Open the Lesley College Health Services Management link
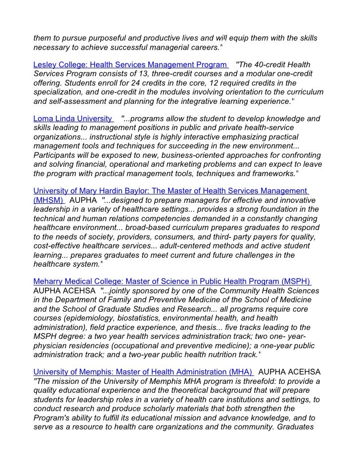[x=131, y=65]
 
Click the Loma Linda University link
[x=73, y=119]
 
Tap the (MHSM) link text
[x=48, y=200]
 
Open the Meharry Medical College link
[x=171, y=281]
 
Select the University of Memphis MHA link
[x=142, y=372]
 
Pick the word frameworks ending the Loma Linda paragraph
[x=274, y=173]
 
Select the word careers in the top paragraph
[x=203, y=47]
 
